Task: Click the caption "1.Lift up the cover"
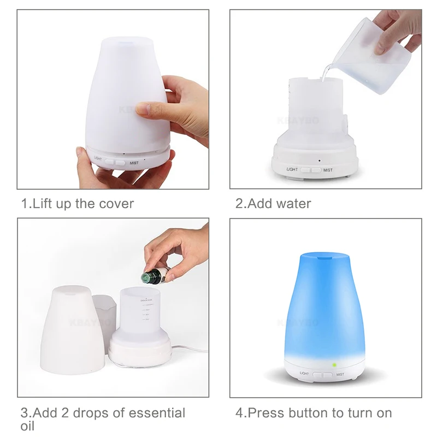(x=77, y=204)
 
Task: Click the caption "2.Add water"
(x=273, y=204)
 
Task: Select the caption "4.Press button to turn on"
(x=314, y=412)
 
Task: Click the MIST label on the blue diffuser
(x=340, y=375)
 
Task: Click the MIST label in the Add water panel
(x=328, y=170)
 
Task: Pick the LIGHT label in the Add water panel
(x=293, y=170)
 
